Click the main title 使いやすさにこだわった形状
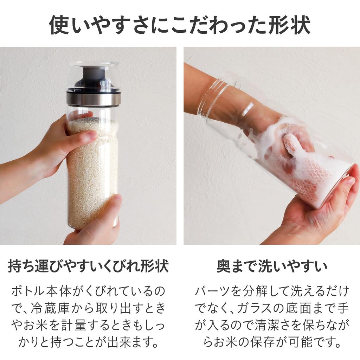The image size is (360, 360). [x=180, y=25]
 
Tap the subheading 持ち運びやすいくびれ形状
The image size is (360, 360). [x=88, y=266]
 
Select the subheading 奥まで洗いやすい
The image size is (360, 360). [x=272, y=266]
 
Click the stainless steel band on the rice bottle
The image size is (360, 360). [x=94, y=99]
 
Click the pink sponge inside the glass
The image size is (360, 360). [x=309, y=176]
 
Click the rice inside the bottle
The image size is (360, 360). [x=92, y=176]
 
